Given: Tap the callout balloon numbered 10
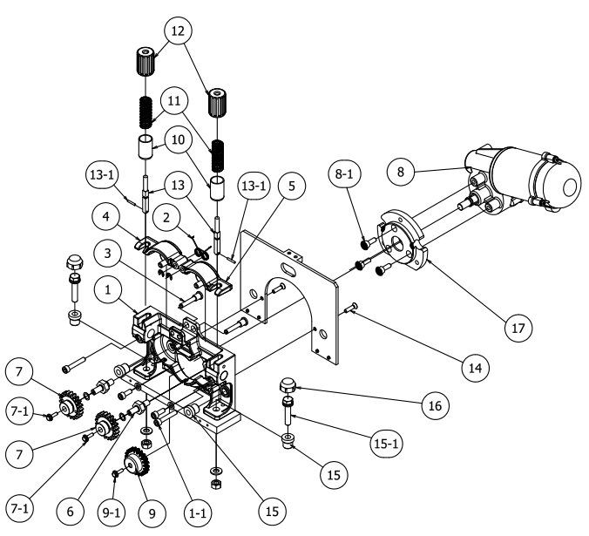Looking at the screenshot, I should tap(178, 139).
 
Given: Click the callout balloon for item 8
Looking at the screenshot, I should tap(401, 171).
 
